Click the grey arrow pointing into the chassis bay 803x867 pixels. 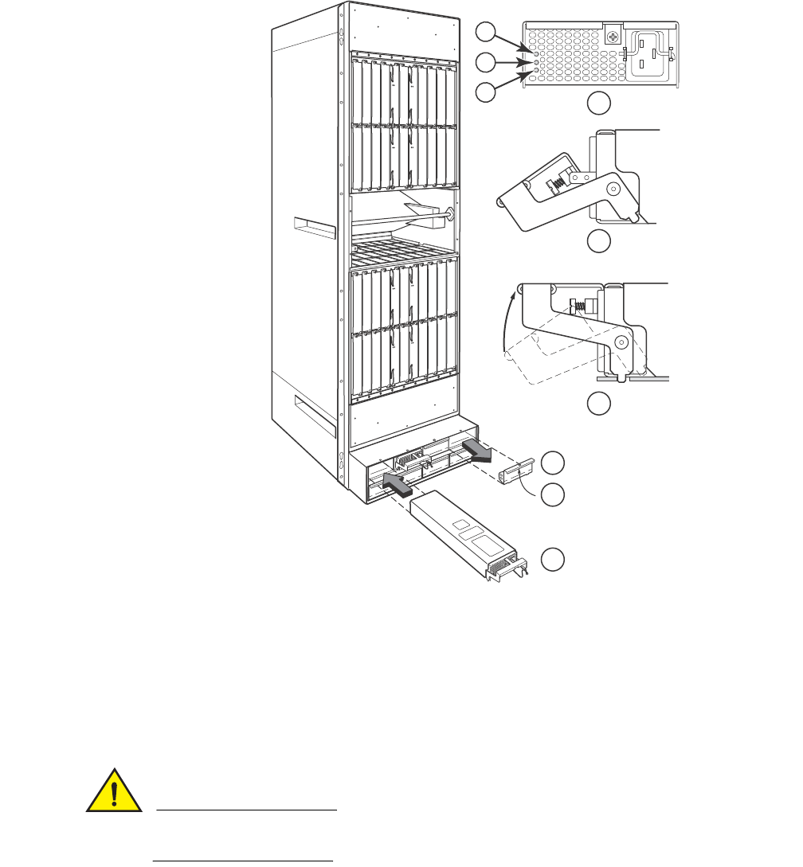coord(398,481)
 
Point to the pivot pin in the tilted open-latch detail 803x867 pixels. coord(613,189)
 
